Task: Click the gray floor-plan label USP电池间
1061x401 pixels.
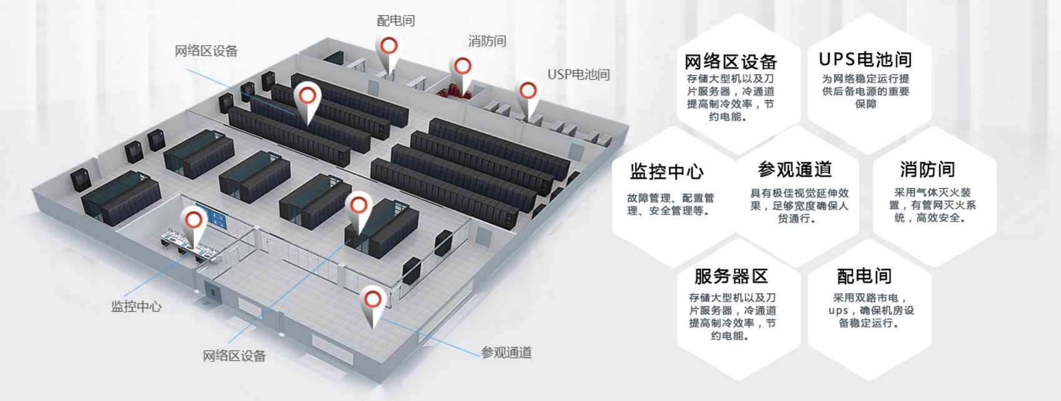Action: [x=578, y=74]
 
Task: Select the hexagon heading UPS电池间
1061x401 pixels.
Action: [x=865, y=59]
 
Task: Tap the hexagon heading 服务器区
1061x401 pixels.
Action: [x=731, y=276]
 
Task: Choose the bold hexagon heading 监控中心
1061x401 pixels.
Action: [x=666, y=171]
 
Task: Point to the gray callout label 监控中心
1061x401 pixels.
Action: [x=136, y=306]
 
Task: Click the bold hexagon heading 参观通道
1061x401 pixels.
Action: [x=794, y=169]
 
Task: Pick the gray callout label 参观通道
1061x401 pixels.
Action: [x=506, y=352]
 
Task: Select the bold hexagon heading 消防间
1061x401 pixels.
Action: [x=927, y=169]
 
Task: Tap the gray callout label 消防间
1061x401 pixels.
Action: [x=487, y=41]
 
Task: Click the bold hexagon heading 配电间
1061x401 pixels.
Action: [x=864, y=275]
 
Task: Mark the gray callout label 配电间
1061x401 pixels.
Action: [x=396, y=21]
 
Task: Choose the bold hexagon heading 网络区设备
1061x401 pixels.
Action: [x=731, y=62]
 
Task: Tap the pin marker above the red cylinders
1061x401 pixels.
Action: [x=462, y=66]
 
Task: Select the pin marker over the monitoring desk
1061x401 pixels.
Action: [x=194, y=219]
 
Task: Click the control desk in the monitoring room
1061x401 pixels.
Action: [x=187, y=242]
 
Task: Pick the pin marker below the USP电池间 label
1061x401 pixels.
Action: [x=528, y=91]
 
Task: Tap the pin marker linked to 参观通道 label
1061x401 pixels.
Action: [x=373, y=300]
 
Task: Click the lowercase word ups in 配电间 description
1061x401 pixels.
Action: [x=838, y=310]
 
